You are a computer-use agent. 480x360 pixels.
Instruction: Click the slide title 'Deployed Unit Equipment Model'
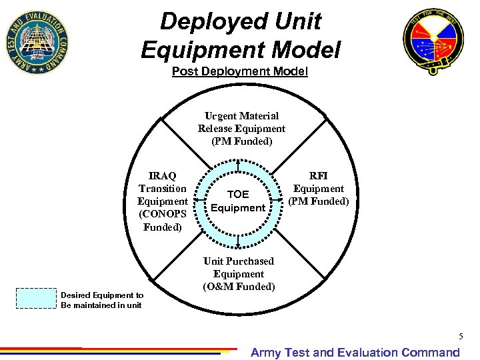click(240, 35)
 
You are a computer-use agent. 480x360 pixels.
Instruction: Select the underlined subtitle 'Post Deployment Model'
click(240, 71)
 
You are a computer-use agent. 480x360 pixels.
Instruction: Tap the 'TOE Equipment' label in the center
click(238, 201)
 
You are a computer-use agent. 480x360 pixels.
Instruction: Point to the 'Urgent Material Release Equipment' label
click(241, 128)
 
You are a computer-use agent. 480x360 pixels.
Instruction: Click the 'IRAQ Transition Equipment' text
click(163, 189)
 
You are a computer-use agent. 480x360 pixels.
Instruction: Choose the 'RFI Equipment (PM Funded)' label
click(319, 189)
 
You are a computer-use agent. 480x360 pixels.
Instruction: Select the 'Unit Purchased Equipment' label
click(239, 267)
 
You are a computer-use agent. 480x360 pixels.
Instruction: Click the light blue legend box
click(35, 298)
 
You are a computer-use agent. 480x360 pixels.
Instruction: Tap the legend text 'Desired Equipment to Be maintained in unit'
click(102, 300)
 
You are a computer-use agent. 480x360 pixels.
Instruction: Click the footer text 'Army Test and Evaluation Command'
click(355, 353)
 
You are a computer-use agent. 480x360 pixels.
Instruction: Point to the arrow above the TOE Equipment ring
click(238, 164)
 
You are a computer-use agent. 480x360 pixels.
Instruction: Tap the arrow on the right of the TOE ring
click(279, 201)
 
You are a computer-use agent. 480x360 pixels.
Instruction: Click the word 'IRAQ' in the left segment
click(163, 176)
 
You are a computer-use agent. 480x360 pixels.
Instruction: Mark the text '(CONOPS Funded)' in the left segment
click(163, 221)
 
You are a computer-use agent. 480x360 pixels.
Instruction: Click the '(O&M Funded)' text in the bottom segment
click(239, 287)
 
